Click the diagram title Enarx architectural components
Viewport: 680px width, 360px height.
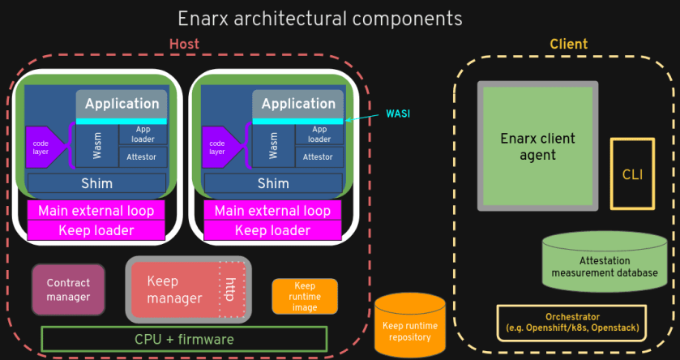pos(320,18)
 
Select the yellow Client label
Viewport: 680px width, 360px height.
pos(568,44)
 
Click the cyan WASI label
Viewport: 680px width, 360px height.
pos(398,114)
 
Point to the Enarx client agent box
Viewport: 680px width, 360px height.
pos(537,146)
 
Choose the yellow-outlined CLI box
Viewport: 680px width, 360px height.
pos(631,174)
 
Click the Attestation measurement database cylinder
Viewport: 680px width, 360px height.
pos(605,262)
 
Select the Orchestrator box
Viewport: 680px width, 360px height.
pos(571,323)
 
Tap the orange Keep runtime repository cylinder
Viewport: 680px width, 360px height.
pos(410,324)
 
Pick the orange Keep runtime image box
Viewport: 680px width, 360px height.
pos(305,297)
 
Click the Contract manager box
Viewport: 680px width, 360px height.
pos(68,289)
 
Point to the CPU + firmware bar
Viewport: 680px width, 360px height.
pos(184,339)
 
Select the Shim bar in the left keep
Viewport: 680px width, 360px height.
pos(96,183)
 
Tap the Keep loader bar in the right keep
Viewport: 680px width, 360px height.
pos(272,230)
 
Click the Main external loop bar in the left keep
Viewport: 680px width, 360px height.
pos(96,211)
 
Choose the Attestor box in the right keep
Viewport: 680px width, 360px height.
pos(318,156)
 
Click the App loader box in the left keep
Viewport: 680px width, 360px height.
pos(142,134)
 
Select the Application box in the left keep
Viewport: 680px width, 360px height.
pos(122,104)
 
